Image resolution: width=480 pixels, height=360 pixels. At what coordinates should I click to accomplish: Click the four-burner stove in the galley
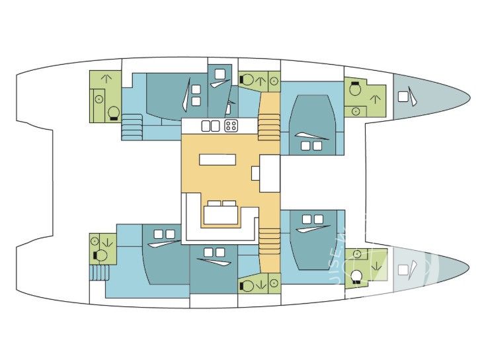(231, 125)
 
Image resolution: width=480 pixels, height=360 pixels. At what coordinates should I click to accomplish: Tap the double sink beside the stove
(210, 125)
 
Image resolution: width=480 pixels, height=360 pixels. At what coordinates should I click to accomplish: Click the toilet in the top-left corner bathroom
(114, 112)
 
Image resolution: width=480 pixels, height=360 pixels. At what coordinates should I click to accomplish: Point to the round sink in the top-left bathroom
(99, 99)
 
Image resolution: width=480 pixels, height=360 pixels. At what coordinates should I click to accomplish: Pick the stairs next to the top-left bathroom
(131, 126)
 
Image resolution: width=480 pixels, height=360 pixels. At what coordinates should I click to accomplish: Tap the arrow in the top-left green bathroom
(104, 80)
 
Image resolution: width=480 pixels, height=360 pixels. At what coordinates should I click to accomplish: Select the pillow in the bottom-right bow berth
(403, 270)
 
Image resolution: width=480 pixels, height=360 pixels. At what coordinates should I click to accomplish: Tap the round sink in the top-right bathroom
(356, 111)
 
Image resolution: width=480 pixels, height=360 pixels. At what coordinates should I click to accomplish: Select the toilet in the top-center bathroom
(247, 80)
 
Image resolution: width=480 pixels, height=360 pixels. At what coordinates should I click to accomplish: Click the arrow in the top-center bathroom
(261, 81)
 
